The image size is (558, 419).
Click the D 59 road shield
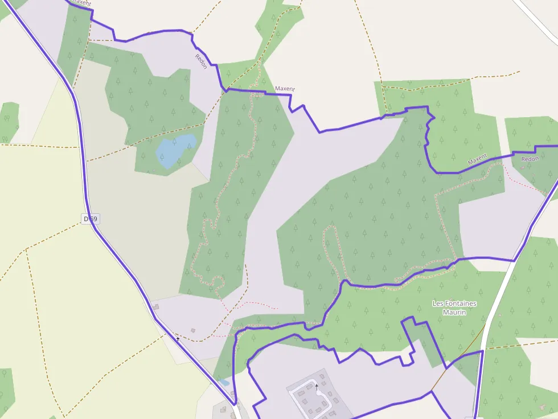click(90, 219)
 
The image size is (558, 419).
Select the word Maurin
click(454, 312)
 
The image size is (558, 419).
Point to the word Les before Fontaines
click(438, 304)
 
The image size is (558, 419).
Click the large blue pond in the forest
click(175, 150)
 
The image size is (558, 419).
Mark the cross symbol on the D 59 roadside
click(178, 339)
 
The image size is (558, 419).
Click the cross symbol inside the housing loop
click(317, 387)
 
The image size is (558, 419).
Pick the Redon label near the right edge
click(530, 159)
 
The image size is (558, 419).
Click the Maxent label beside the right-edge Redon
click(477, 160)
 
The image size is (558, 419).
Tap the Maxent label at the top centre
click(285, 89)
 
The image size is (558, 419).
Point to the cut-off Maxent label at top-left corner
click(81, 3)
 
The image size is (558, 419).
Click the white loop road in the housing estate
click(296, 398)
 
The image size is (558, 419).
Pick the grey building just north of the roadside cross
click(155, 307)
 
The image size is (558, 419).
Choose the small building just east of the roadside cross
click(193, 330)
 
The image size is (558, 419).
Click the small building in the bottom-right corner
click(543, 408)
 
